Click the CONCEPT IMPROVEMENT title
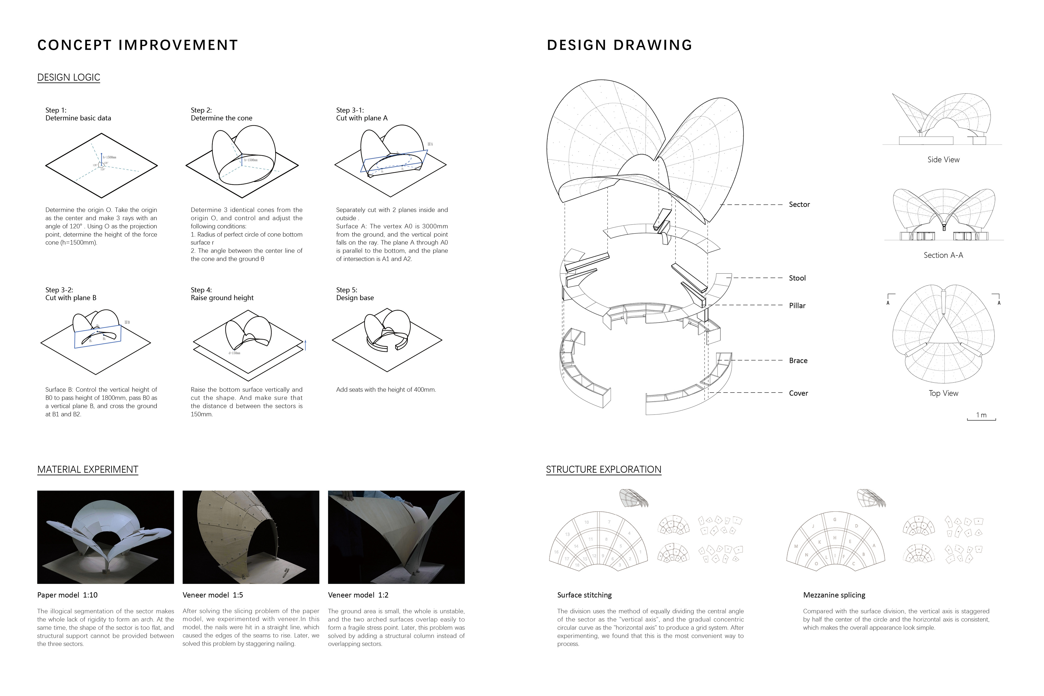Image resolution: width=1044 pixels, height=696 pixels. [x=138, y=45]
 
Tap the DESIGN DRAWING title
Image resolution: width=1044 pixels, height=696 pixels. [x=619, y=45]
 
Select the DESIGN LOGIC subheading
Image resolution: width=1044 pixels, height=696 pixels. [x=69, y=78]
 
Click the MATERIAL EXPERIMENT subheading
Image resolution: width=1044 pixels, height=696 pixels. [x=88, y=470]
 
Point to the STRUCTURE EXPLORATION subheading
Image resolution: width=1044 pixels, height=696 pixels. [x=603, y=470]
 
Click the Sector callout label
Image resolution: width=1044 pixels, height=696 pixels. [x=799, y=205]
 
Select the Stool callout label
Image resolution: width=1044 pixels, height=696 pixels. [x=797, y=278]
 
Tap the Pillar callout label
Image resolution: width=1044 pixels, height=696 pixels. [x=797, y=306]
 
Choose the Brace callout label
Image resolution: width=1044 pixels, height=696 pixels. [x=798, y=361]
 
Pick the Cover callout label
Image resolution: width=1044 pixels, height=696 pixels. [x=798, y=393]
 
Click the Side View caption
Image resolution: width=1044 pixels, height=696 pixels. [x=943, y=160]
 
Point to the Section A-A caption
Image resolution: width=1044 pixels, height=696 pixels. [x=943, y=255]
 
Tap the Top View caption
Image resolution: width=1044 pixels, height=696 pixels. [x=943, y=393]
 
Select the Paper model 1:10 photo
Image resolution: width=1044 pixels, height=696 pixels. [x=106, y=537]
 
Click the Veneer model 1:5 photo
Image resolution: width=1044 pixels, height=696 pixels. [x=251, y=537]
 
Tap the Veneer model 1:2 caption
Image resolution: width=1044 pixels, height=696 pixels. [x=358, y=595]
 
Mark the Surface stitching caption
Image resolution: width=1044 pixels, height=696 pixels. [x=584, y=595]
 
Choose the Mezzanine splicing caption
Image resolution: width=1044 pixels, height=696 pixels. [x=834, y=595]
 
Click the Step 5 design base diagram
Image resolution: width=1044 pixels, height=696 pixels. [x=387, y=340]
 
